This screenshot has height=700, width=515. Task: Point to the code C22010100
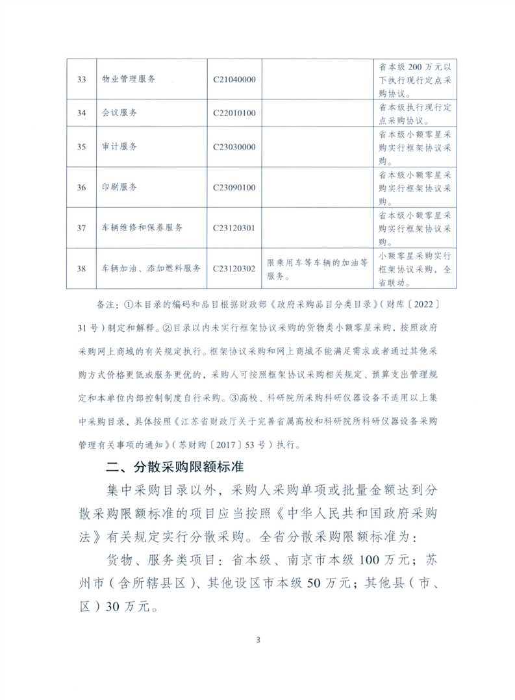(234, 113)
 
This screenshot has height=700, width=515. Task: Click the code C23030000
(234, 147)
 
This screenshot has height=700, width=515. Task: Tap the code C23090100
(234, 188)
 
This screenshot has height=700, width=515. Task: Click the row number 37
(81, 228)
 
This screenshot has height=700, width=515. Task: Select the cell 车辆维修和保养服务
(142, 228)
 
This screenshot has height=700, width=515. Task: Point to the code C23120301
(234, 228)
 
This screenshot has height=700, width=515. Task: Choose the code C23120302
(234, 268)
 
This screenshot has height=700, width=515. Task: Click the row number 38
(81, 268)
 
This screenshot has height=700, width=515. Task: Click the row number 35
(81, 147)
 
